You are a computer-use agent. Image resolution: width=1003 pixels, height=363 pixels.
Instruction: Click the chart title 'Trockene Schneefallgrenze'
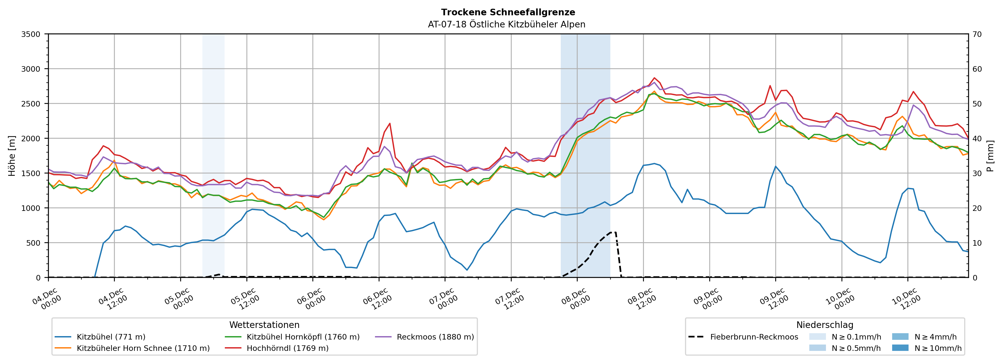(x=508, y=12)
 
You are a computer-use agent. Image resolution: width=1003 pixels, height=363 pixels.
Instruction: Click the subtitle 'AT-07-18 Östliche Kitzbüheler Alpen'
(x=506, y=25)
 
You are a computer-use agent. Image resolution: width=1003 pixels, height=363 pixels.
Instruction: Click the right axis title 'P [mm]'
(x=990, y=156)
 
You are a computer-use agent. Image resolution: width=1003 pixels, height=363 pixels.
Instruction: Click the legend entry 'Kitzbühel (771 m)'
(x=111, y=337)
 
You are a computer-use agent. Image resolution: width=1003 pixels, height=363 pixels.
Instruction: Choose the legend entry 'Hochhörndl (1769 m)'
(x=287, y=348)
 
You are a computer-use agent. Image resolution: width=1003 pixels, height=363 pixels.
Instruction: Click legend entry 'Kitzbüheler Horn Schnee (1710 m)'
(x=143, y=348)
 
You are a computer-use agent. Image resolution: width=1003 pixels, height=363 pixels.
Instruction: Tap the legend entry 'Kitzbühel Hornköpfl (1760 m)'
(x=303, y=337)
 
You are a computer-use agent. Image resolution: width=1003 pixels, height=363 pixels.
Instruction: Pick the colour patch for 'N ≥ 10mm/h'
(x=900, y=348)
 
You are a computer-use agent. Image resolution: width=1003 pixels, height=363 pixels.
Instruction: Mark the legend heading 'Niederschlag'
(x=825, y=325)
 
